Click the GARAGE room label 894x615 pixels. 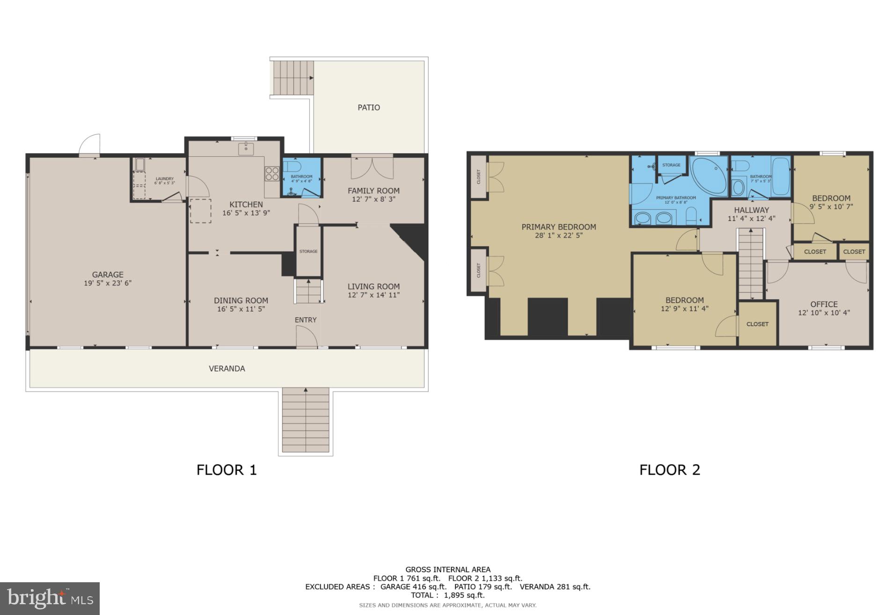108,275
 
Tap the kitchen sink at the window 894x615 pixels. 246,149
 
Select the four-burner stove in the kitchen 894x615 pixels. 272,174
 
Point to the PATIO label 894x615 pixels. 369,108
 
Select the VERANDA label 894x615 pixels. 227,369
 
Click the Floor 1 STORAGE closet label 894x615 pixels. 308,252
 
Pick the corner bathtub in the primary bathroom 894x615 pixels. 709,176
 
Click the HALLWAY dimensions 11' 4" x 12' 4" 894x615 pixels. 751,219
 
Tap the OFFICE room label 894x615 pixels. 824,304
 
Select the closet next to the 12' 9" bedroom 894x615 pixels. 757,324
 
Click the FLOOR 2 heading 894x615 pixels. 670,470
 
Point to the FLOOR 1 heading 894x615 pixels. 227,470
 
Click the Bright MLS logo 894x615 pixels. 50,599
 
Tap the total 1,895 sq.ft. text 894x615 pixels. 447,595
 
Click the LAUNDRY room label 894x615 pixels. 165,179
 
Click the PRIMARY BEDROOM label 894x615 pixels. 559,227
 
